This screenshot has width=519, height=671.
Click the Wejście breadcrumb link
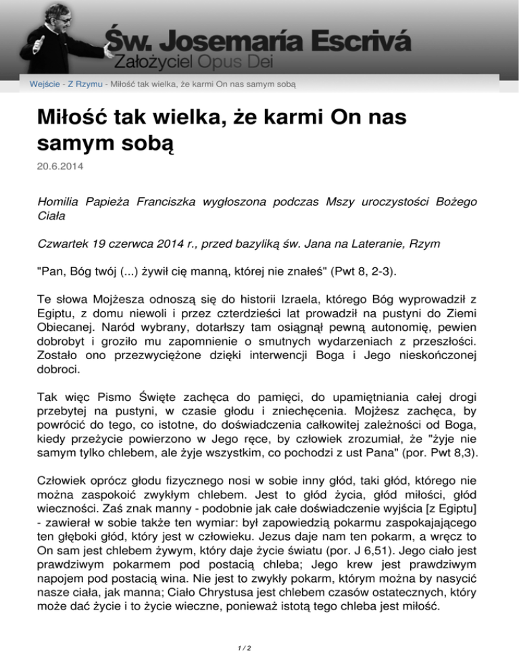(44, 84)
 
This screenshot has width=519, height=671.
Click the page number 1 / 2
(259, 650)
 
